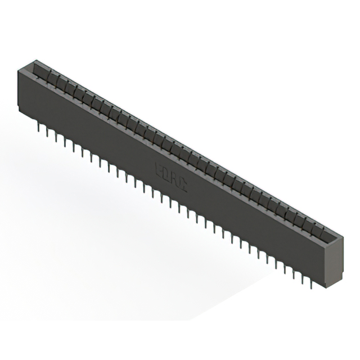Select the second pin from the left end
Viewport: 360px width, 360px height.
click(47, 134)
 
